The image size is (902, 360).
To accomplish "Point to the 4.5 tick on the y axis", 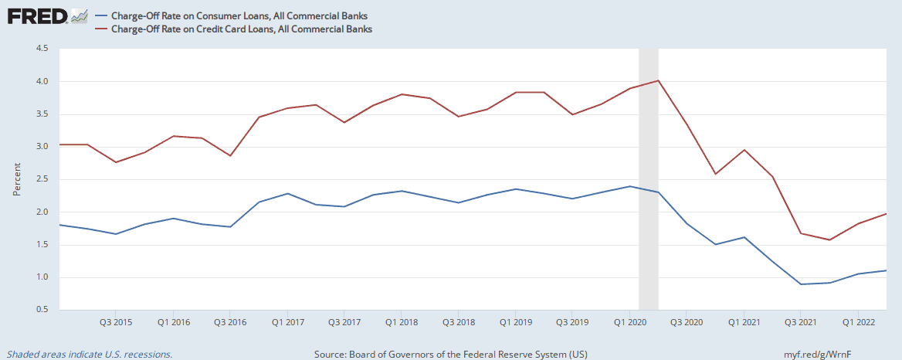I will click(42, 49).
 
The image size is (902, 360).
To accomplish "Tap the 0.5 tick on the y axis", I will click(42, 310).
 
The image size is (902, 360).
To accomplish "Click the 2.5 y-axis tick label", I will click(42, 179).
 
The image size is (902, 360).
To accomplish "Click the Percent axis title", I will click(17, 179).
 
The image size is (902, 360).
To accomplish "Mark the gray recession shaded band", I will click(649, 178).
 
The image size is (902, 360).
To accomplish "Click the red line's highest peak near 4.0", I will click(658, 80).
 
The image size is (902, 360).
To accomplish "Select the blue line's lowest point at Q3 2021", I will click(800, 284).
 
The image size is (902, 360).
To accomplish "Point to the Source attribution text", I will click(451, 354).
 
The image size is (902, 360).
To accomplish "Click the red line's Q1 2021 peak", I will click(743, 150).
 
